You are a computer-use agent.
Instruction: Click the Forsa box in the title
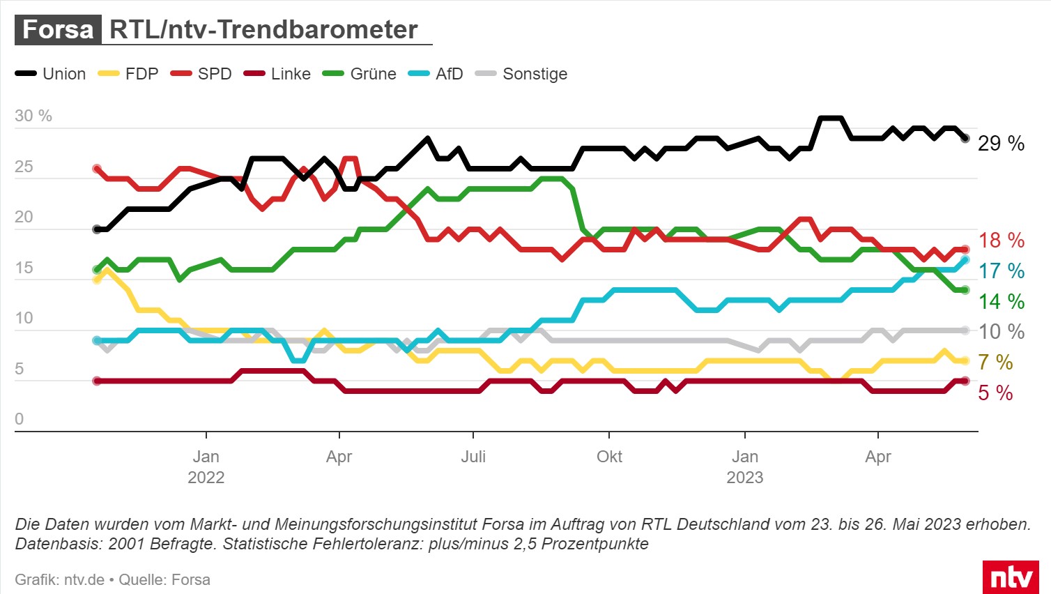58,30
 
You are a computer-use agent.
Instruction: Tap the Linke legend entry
277,74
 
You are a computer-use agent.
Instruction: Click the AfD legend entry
436,74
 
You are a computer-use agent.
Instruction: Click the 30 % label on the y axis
33,116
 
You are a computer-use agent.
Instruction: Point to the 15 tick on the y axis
24,268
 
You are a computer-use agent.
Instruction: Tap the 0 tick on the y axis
20,419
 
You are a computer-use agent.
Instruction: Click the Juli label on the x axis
473,457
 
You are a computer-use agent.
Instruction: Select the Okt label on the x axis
609,457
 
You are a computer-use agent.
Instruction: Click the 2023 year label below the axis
745,478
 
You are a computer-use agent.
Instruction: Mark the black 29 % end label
1001,144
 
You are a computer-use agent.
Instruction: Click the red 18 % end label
1001,241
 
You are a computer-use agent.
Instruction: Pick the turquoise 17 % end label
1001,271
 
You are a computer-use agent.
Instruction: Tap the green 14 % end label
1001,302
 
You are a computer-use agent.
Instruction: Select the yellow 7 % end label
995,363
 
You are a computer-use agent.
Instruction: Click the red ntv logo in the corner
1011,578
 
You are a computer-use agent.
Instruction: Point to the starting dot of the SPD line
97,169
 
